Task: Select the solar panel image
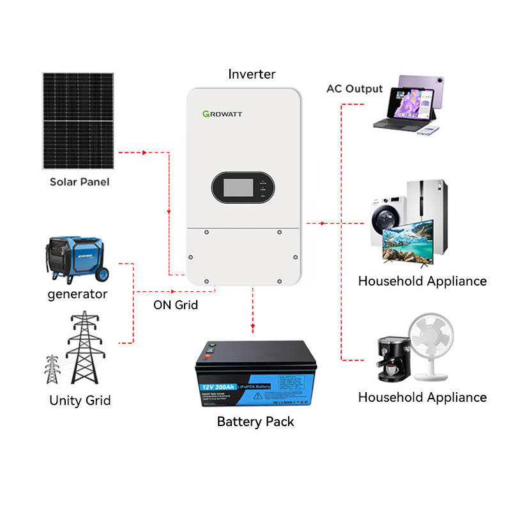(x=80, y=121)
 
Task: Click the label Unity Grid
(x=80, y=401)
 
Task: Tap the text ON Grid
(x=175, y=305)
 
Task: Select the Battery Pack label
(x=256, y=422)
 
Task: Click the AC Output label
(x=355, y=89)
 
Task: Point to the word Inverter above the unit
(x=252, y=74)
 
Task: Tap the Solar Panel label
(x=80, y=182)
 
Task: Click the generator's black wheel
(x=102, y=274)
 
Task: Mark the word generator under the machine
(x=77, y=294)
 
